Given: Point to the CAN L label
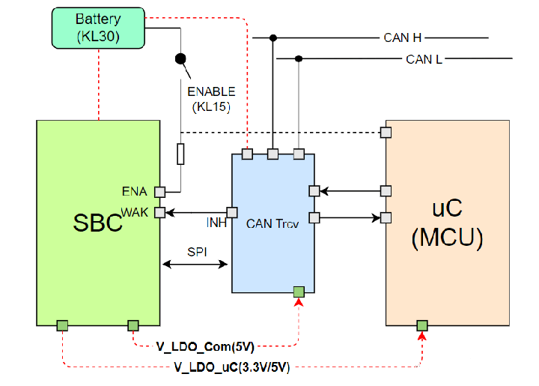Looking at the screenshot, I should pyautogui.click(x=423, y=59).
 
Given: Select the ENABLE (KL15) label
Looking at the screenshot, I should pyautogui.click(x=211, y=99).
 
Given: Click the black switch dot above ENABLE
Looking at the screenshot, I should pyautogui.click(x=180, y=58).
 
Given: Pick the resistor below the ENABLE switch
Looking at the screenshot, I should pyautogui.click(x=180, y=154).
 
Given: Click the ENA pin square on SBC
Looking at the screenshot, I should pyautogui.click(x=159, y=191).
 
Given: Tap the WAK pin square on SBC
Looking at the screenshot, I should pyautogui.click(x=159, y=213).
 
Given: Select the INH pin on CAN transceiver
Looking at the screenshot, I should pyautogui.click(x=232, y=213).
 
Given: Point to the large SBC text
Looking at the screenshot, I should pyautogui.click(x=97, y=223).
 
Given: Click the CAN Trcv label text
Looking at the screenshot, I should pyautogui.click(x=272, y=223).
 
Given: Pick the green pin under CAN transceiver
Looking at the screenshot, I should pyautogui.click(x=299, y=292).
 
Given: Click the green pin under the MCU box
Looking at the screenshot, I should pyautogui.click(x=422, y=325).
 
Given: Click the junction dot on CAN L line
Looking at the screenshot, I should pyautogui.click(x=299, y=58).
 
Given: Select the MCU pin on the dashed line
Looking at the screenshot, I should pyautogui.click(x=386, y=133).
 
